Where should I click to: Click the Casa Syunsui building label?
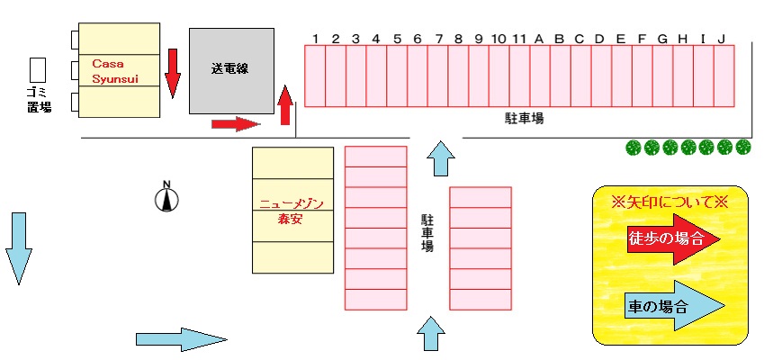115,71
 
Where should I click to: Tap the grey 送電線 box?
230,70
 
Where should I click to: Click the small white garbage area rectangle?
38,69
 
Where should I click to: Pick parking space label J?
722,38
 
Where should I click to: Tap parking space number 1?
316,38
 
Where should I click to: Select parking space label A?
539,38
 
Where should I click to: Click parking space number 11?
519,38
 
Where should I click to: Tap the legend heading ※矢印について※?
669,202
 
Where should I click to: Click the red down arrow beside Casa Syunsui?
174,72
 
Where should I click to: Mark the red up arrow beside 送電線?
285,105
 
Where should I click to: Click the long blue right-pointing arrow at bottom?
180,338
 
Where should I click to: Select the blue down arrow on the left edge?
18,248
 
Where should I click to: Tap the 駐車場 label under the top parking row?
524,118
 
